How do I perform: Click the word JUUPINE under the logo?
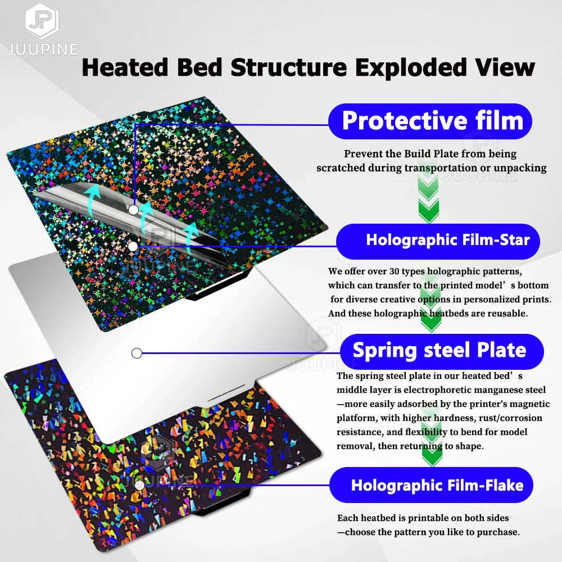[x=42, y=49]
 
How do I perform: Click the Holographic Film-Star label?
[x=447, y=241]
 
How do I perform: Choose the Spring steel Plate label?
[x=439, y=351]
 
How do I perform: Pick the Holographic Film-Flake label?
[x=437, y=485]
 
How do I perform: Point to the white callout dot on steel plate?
[x=136, y=353]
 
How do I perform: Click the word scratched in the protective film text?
[x=339, y=168]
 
